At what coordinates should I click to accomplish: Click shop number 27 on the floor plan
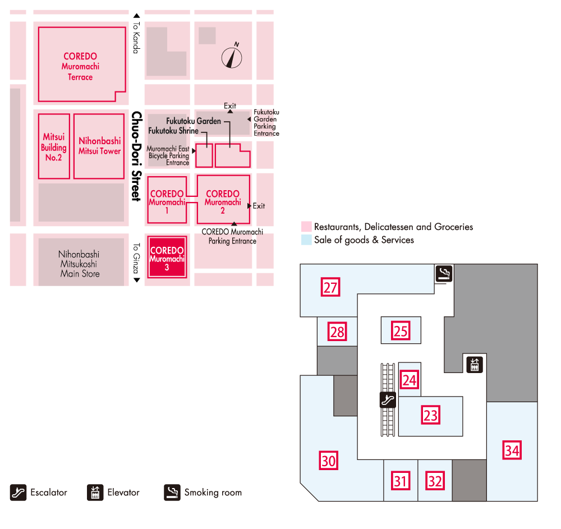[x=331, y=288]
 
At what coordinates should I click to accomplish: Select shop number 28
[x=337, y=332]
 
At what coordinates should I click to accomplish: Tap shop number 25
[x=401, y=330]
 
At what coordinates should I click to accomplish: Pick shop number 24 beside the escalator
[x=410, y=380]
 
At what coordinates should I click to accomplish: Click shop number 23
[x=430, y=416]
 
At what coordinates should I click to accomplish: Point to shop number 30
[x=329, y=461]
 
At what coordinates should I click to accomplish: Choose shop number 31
[x=401, y=481]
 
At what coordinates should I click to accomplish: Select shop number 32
[x=435, y=481]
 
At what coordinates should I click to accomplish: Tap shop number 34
[x=512, y=450]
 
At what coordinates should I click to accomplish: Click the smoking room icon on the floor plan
[x=444, y=273]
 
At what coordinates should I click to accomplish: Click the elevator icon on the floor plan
[x=475, y=364]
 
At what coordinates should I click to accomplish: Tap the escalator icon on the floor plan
[x=388, y=399]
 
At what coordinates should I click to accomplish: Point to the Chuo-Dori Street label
[x=136, y=156]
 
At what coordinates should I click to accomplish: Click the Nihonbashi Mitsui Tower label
[x=99, y=146]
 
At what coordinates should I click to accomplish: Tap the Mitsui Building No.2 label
[x=54, y=147]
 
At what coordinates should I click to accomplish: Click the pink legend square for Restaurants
[x=306, y=227]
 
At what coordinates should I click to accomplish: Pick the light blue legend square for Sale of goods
[x=306, y=240]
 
